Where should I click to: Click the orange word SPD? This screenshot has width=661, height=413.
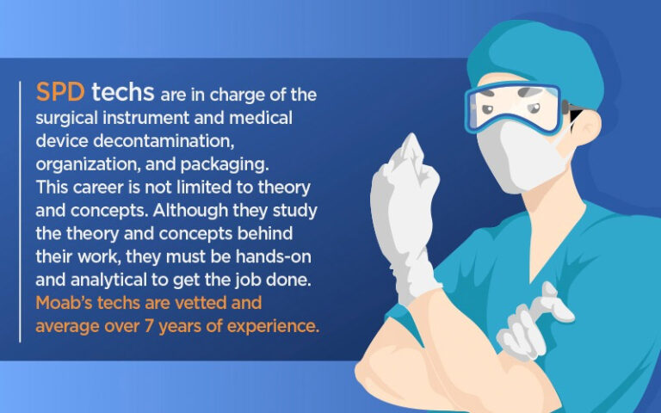[x=60, y=92]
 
